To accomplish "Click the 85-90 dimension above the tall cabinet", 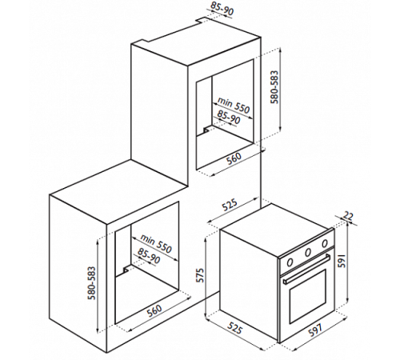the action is click(x=222, y=8).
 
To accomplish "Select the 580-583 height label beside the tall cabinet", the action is click(x=274, y=87).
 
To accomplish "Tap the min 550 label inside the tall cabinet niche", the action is click(x=234, y=105).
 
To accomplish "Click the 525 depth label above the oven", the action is click(x=230, y=205).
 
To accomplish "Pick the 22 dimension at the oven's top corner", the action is click(x=348, y=215).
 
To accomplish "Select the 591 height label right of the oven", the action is click(x=342, y=261).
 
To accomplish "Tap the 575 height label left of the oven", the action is click(x=200, y=274).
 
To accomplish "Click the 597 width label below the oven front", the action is click(x=315, y=330).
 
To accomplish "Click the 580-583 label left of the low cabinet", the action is click(x=92, y=283).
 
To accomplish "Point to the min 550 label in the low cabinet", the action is click(x=156, y=244).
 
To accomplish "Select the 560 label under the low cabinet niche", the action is click(x=154, y=310).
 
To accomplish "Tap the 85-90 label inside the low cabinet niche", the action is click(x=149, y=255).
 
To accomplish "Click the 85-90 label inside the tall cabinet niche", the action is click(x=229, y=117).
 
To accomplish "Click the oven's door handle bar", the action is click(x=306, y=269).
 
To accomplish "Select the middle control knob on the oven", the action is click(x=308, y=252).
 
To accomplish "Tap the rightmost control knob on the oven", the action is click(x=325, y=243).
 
